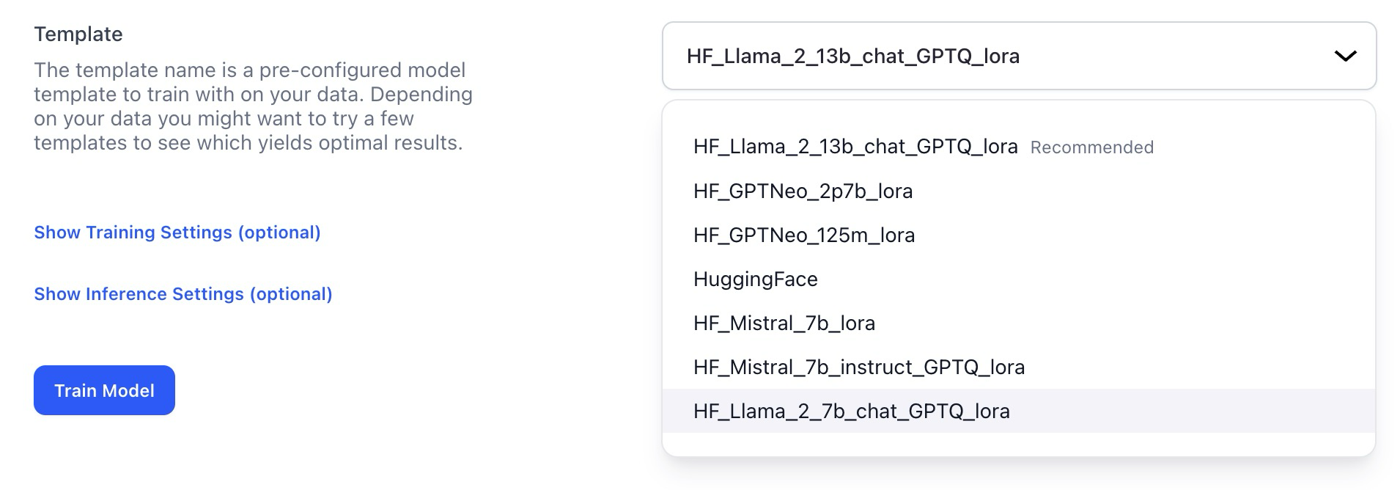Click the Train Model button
(104, 390)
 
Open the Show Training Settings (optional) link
(177, 233)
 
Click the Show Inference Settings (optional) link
(183, 294)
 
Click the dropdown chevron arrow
(1345, 56)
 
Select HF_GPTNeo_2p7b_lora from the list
(803, 191)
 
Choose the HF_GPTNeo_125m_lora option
(804, 235)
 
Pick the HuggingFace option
(755, 279)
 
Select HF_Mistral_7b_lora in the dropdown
(784, 323)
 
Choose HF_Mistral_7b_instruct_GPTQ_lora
(858, 367)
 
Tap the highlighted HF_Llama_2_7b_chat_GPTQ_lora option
(851, 412)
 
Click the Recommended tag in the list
(1091, 147)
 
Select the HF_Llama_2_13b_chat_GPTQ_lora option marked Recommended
(855, 147)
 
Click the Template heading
(78, 34)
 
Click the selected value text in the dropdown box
(852, 56)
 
